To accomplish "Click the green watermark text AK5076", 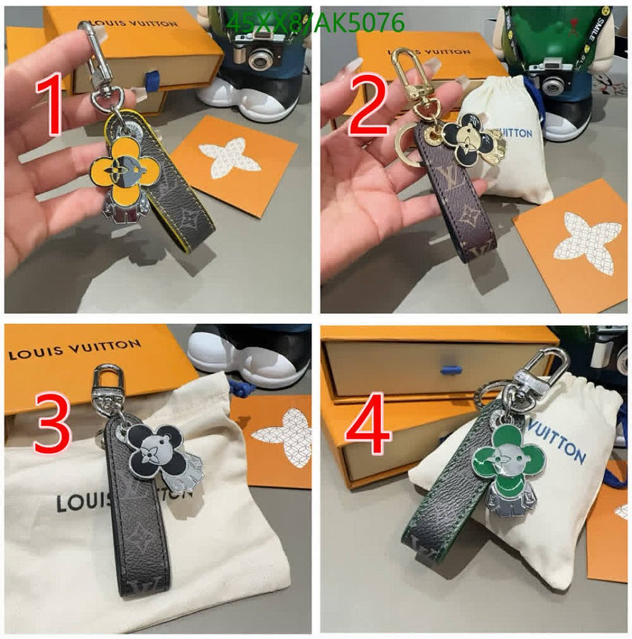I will (x=362, y=23).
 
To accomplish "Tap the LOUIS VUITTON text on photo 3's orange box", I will (x=75, y=350).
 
